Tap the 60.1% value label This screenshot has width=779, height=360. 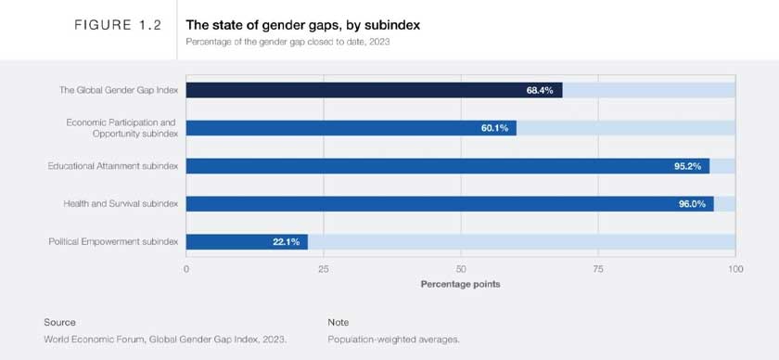pos(494,128)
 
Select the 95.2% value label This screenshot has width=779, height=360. pos(686,166)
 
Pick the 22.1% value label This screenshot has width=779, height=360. pos(285,242)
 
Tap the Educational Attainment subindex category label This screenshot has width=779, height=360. pos(112,166)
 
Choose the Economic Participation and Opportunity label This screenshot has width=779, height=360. pos(121,128)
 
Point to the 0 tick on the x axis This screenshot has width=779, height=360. pos(186,269)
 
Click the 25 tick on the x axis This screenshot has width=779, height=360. pos(324,269)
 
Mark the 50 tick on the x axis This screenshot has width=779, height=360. pos(461,269)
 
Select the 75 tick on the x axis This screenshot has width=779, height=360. pos(598,269)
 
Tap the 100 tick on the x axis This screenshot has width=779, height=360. pos(734,269)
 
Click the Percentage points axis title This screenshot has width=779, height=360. pos(460,284)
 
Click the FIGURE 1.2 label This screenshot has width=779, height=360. pos(118,26)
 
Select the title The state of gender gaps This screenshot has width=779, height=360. pos(303,25)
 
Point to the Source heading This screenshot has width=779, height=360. pos(59,322)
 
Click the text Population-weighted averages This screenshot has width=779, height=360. pos(393,340)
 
